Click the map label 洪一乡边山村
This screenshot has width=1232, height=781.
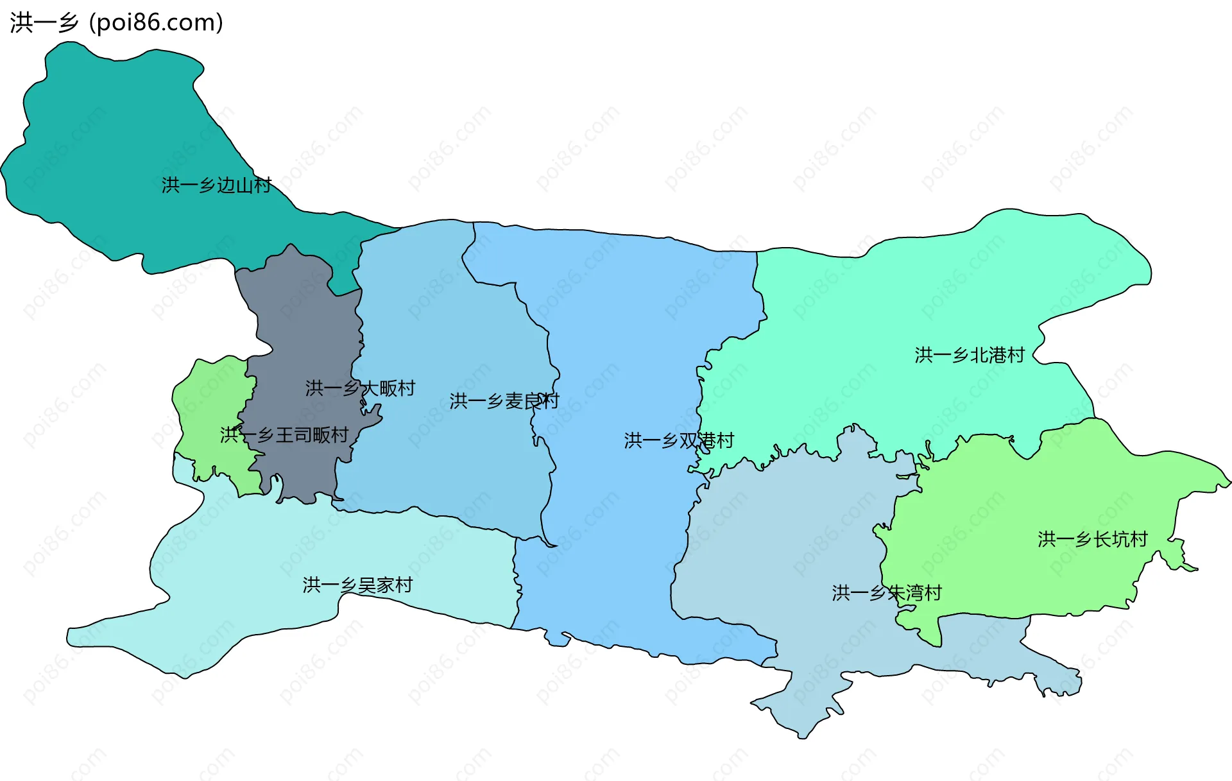tap(216, 185)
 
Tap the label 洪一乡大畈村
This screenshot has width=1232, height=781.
tap(360, 388)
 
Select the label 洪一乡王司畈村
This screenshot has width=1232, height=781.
tap(284, 435)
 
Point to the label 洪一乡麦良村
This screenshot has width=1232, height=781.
tap(504, 401)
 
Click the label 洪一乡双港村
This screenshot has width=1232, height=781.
tap(679, 441)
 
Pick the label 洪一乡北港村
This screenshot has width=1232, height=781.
tap(970, 355)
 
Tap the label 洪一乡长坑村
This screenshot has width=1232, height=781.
tap(1093, 539)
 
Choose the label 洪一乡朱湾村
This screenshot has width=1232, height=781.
tap(887, 593)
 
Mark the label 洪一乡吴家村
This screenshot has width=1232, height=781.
tap(357, 585)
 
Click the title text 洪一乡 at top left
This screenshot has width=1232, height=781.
tap(44, 23)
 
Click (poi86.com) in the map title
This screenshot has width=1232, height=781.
tap(156, 23)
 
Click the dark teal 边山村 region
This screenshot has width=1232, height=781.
tap(116, 141)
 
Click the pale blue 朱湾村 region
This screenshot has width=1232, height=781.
tap(789, 552)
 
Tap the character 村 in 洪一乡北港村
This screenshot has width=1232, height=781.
tap(1016, 355)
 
